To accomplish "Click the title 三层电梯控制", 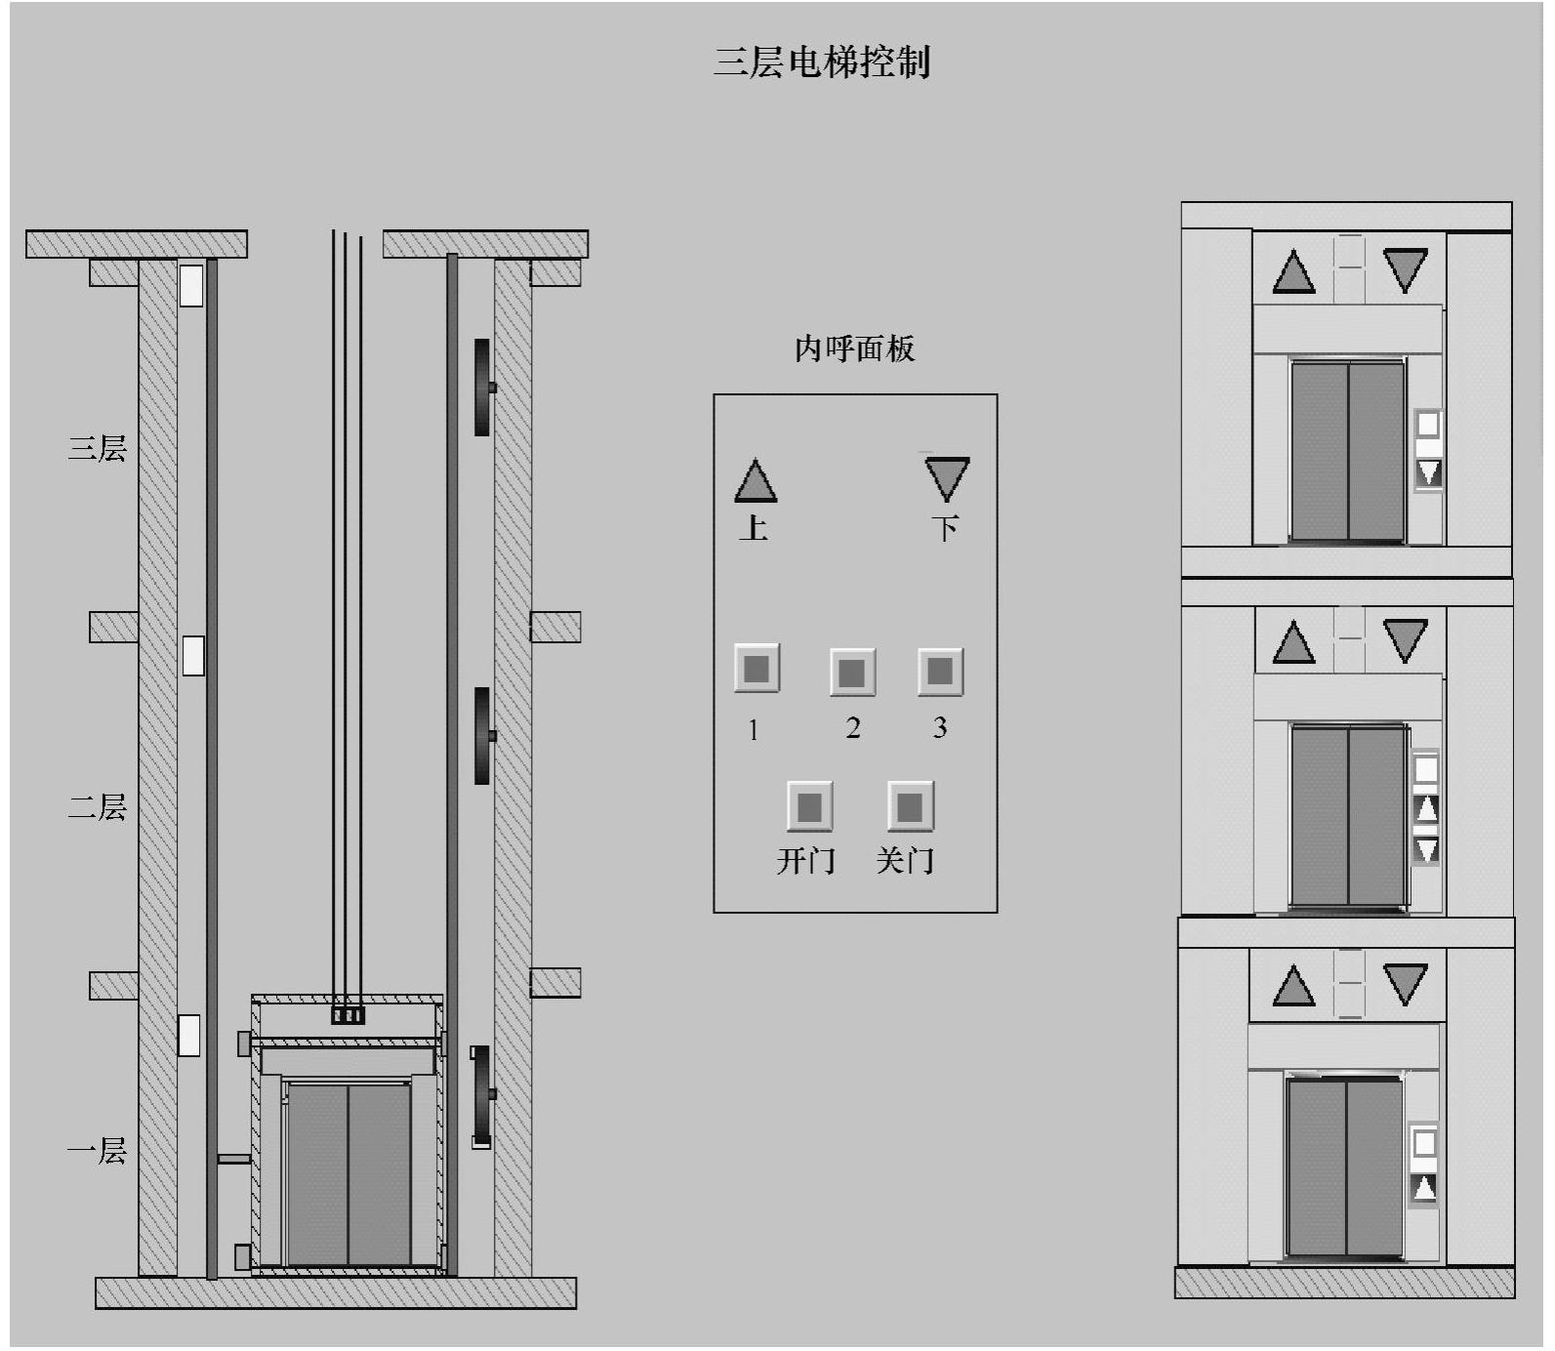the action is click(x=822, y=61).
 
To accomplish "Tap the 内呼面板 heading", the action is click(x=854, y=348).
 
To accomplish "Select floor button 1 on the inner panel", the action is click(x=757, y=669).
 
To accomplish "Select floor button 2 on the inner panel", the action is click(x=852, y=672).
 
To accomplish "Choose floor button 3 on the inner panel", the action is click(x=940, y=671).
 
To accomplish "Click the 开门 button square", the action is click(x=809, y=806).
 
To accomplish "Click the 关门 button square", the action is click(x=910, y=806).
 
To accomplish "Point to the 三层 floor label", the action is click(x=97, y=448).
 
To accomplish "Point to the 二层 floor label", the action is click(x=97, y=807).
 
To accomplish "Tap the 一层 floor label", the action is click(x=97, y=1151).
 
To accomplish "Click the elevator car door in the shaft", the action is click(x=348, y=1173).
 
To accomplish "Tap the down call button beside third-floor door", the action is click(x=1428, y=472).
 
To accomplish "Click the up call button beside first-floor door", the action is click(x=1424, y=1187).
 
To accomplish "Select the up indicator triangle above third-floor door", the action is click(x=1294, y=272).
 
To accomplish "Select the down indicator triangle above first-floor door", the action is click(x=1406, y=983).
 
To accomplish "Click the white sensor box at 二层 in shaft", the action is click(x=193, y=655).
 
